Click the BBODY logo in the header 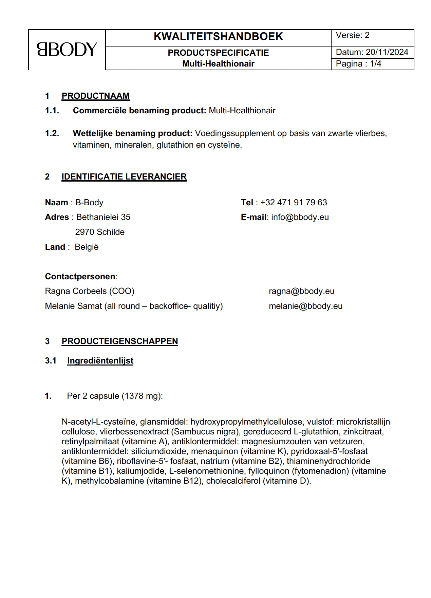coord(67,50)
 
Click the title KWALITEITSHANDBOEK coord(218,37)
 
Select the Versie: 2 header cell coord(353,35)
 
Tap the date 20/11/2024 coord(387,52)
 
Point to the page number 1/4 coord(376,64)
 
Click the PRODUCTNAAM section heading coord(95,96)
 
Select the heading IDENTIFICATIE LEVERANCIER coord(124,177)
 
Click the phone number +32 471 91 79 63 coord(294,203)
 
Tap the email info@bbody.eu coord(300,217)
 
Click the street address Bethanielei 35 coord(103,217)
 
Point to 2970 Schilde coord(100,232)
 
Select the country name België coord(87,247)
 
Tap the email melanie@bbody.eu coord(305,306)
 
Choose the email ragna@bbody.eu coord(301,291)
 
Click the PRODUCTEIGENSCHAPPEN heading coord(119,341)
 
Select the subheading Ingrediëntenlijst coord(100,361)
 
